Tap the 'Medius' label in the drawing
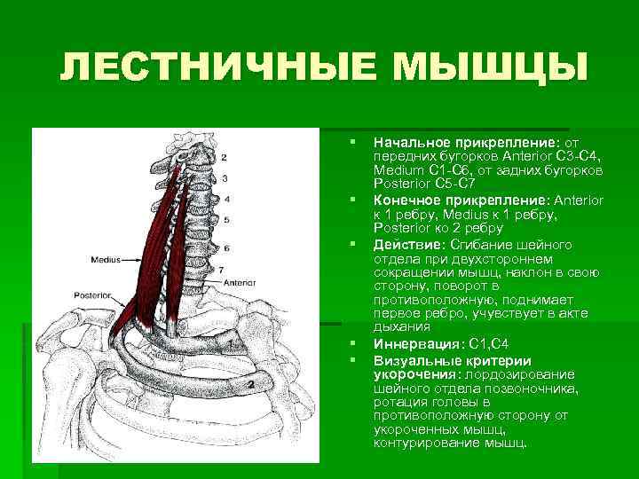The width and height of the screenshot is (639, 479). pos(106,260)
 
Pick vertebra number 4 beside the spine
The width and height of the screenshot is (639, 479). pos(227,199)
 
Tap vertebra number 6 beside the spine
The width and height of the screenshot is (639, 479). pos(227,247)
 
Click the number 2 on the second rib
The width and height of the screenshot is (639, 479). pos(251,384)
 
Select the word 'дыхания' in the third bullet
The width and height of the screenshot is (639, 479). pos(398,327)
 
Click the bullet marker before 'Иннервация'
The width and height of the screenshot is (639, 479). pos(353,343)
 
